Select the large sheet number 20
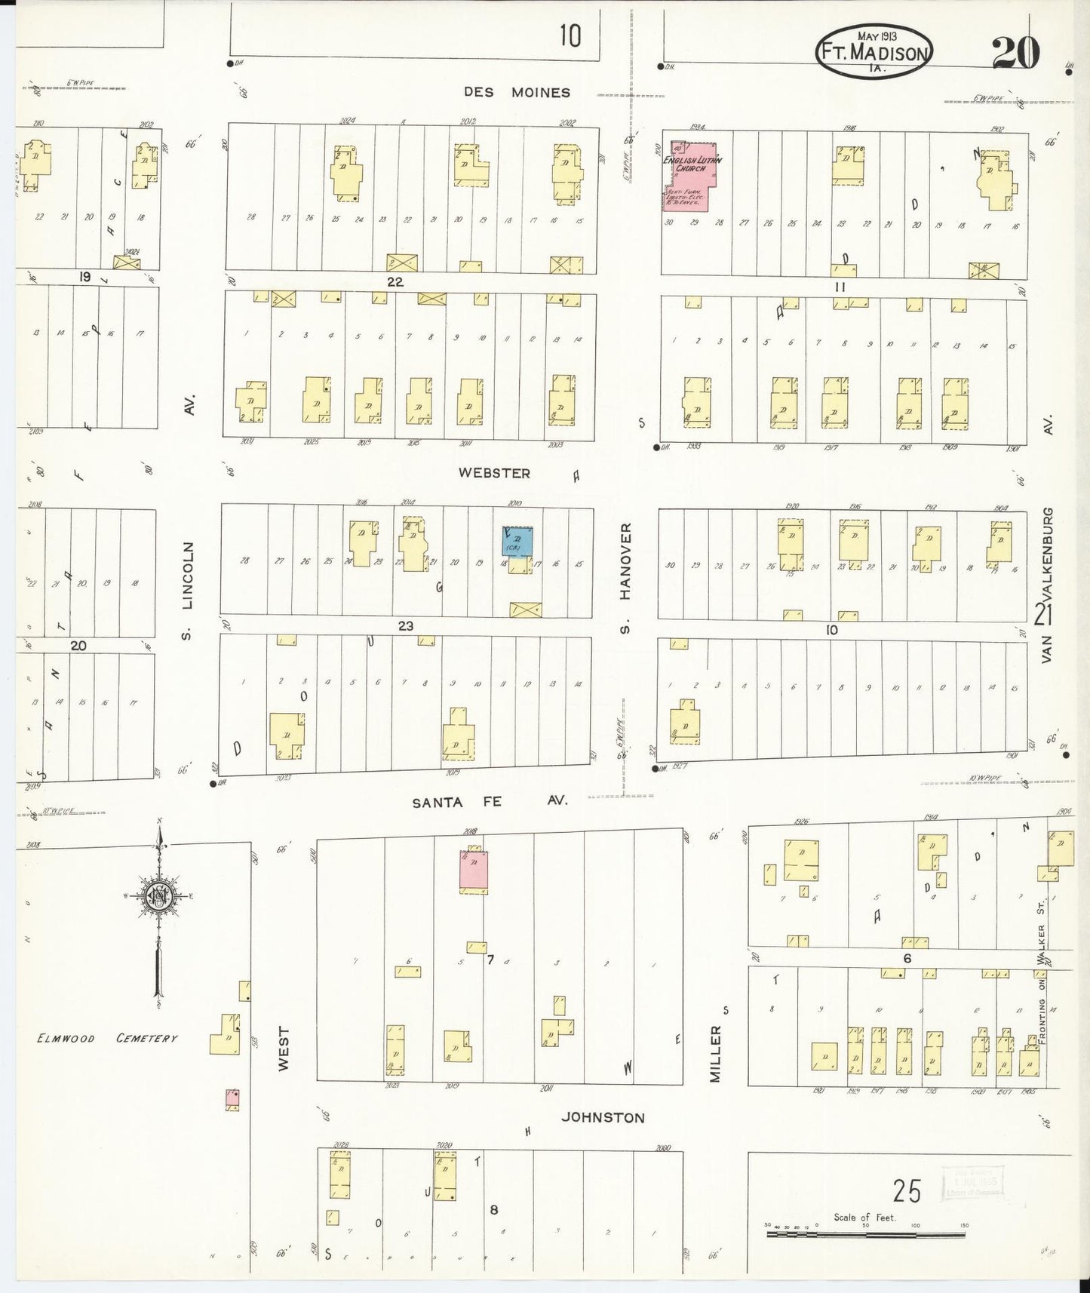pos(1015,51)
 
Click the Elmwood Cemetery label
pos(108,1039)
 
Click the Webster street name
pos(495,473)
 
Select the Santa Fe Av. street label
pos(489,803)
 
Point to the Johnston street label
pos(602,1117)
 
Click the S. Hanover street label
pos(625,577)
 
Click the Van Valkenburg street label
pos(1047,585)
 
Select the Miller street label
pos(715,1053)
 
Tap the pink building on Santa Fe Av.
pos(474,871)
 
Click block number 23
pos(406,626)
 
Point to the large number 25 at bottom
pos(907,1191)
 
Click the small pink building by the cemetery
pos(232,1099)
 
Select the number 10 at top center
pos(570,35)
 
